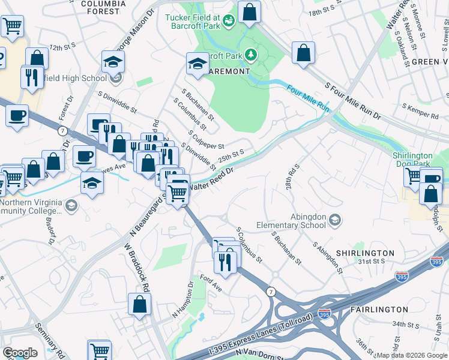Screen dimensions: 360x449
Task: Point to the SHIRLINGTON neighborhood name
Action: [364, 253]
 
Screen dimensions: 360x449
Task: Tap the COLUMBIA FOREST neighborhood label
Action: [103, 7]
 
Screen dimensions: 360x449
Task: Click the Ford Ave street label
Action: [211, 280]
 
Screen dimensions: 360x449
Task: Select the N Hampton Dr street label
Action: [183, 300]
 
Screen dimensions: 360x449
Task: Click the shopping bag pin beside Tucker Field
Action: [250, 11]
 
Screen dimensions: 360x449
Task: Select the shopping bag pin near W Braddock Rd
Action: [139, 304]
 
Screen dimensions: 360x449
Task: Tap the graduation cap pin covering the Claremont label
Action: [197, 64]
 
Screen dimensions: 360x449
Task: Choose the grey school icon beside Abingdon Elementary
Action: [334, 221]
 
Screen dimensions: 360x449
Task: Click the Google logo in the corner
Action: [20, 353]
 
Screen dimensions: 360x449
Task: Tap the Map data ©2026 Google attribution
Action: [411, 356]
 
